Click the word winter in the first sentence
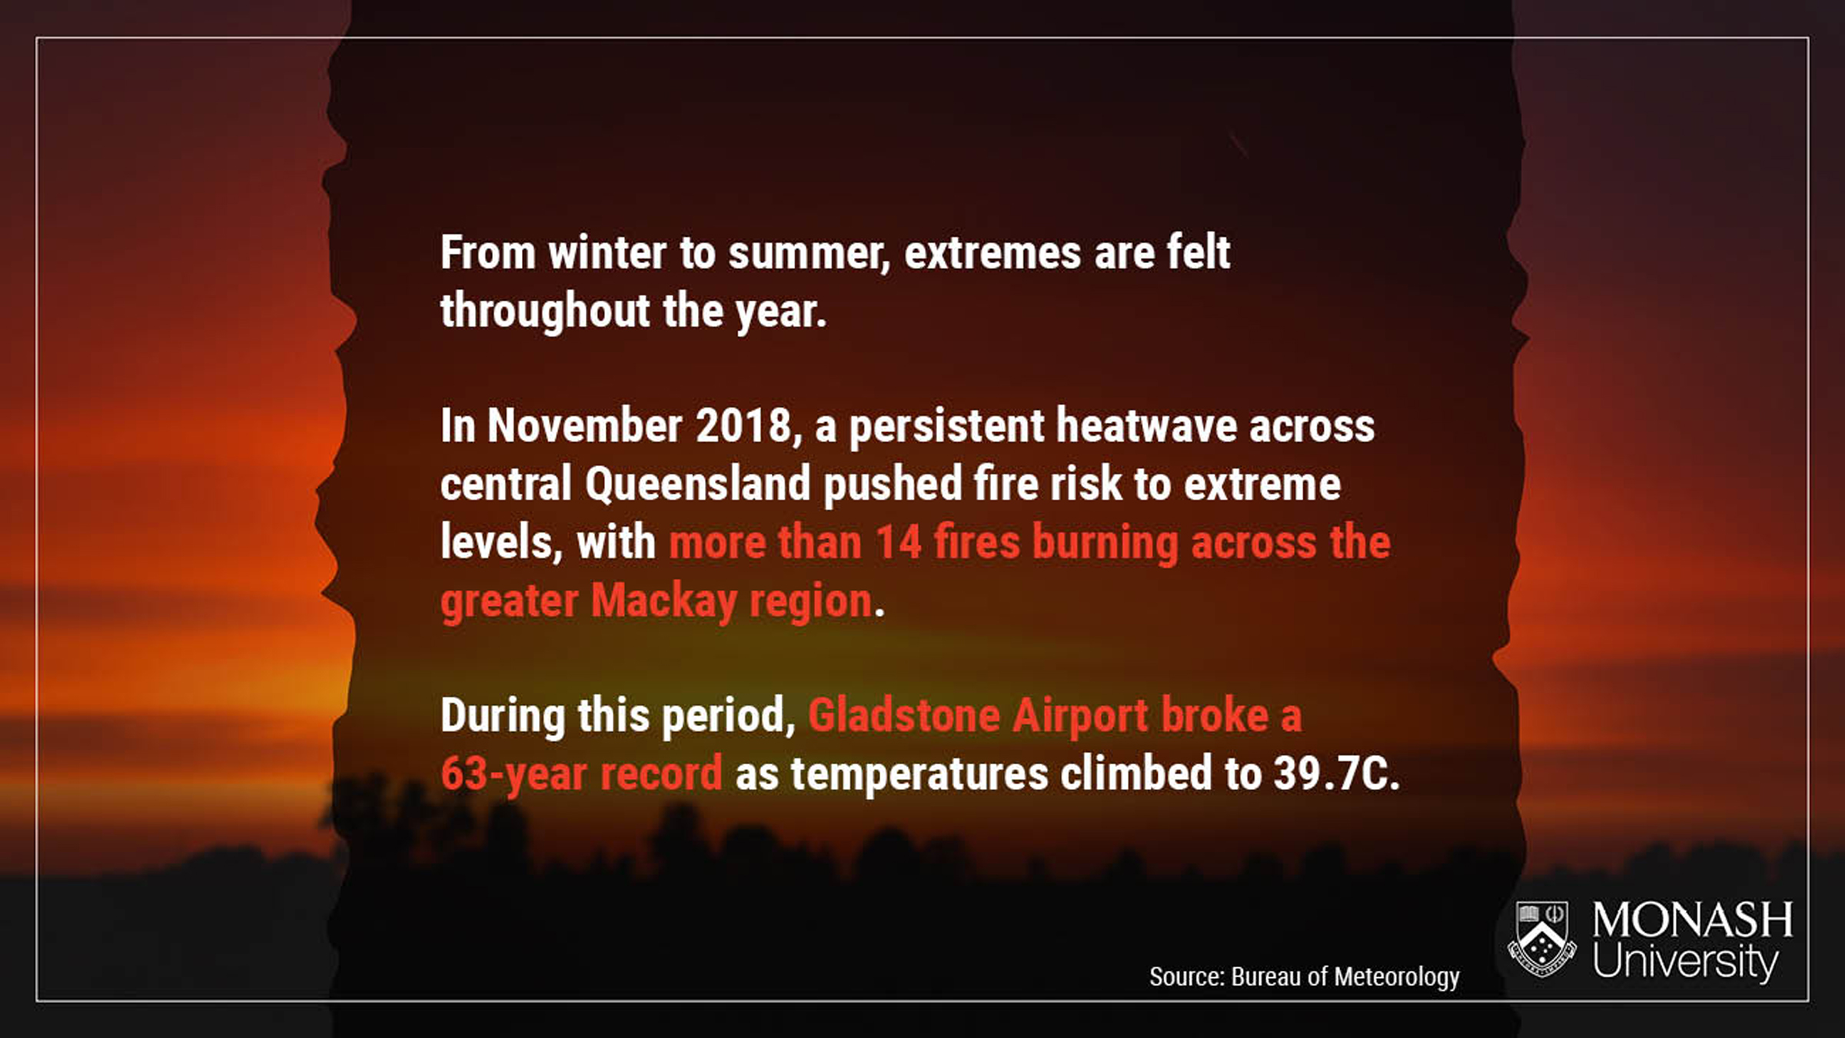pyautogui.click(x=607, y=253)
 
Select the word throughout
pyautogui.click(x=545, y=311)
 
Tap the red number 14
pyautogui.click(x=898, y=542)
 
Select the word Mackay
pyautogui.click(x=663, y=601)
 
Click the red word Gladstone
pyautogui.click(x=903, y=715)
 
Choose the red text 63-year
pyautogui.click(x=514, y=774)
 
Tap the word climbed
pyautogui.click(x=1136, y=773)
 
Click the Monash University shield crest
pyautogui.click(x=1542, y=940)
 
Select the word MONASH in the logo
pyautogui.click(x=1693, y=920)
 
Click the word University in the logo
pyautogui.click(x=1686, y=962)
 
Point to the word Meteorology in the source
pyautogui.click(x=1397, y=976)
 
